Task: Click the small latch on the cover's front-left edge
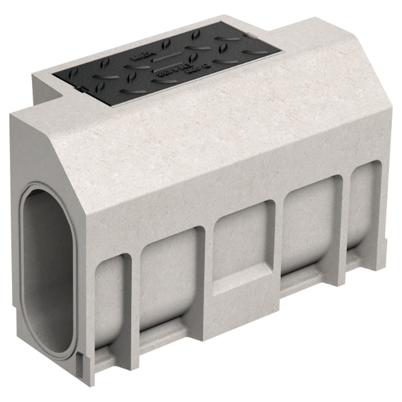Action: pos(81,89)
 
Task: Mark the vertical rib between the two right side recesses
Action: pos(345,220)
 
